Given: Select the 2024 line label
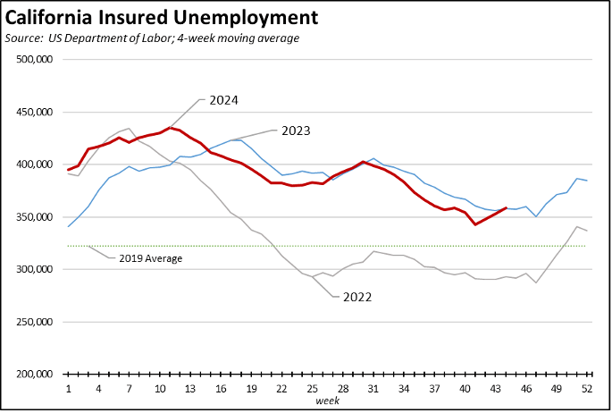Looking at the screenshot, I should (x=224, y=100).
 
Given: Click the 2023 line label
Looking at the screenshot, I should (x=296, y=131).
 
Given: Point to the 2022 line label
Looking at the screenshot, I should (x=357, y=297).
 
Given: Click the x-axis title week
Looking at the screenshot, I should (x=328, y=401).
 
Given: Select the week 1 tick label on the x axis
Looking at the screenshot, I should (x=69, y=390).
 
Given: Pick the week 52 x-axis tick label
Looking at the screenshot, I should (x=587, y=390).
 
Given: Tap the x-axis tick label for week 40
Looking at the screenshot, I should (x=465, y=390).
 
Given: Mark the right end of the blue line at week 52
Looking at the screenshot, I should (x=587, y=181).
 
